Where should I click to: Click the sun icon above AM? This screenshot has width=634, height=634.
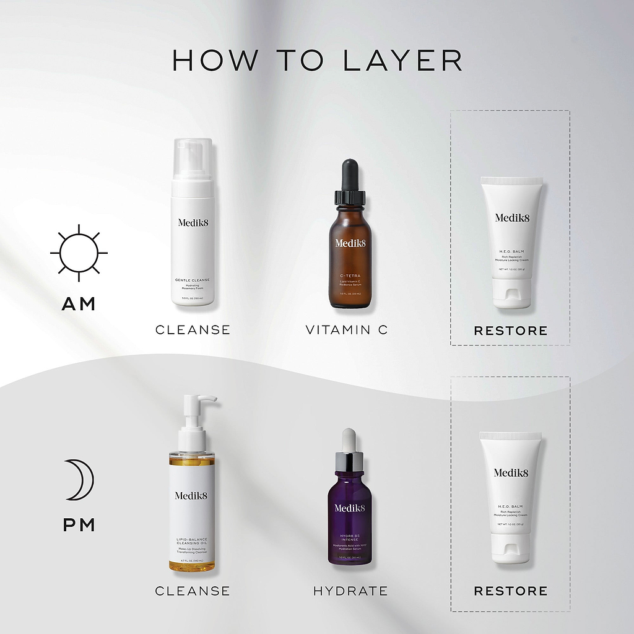[79, 253]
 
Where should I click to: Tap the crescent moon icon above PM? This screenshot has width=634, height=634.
[78, 480]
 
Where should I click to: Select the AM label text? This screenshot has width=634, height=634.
[79, 304]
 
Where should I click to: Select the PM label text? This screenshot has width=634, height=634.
[79, 525]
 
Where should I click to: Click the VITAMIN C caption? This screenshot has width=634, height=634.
[347, 330]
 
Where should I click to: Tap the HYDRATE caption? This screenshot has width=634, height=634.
[350, 591]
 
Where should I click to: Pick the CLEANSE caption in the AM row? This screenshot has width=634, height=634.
[193, 330]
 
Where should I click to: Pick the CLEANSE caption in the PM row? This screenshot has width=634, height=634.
[193, 591]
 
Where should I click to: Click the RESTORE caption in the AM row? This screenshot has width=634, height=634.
[511, 331]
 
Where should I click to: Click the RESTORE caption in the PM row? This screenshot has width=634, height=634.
[511, 591]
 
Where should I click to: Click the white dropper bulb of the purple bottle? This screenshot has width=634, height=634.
[349, 440]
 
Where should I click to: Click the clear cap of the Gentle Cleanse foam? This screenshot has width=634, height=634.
[193, 158]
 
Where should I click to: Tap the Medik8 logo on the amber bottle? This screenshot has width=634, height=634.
[350, 243]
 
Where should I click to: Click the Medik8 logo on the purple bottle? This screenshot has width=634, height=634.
[350, 508]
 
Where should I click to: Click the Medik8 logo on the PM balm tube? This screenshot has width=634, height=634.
[511, 473]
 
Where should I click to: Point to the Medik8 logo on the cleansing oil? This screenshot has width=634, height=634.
[191, 495]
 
